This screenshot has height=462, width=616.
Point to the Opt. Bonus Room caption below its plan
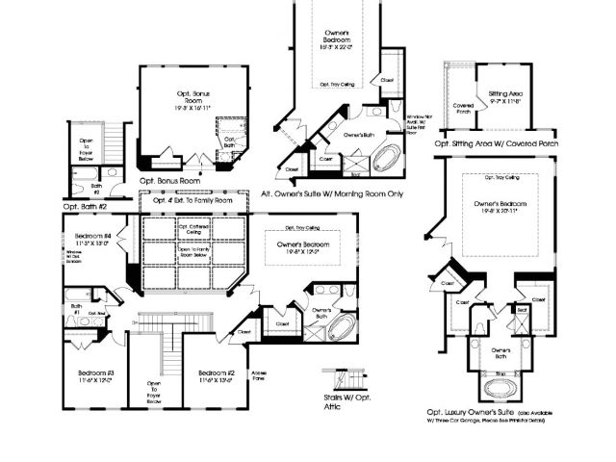(169, 180)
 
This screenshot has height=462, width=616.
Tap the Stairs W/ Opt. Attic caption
(347, 400)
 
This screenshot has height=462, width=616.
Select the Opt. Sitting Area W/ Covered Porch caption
(497, 143)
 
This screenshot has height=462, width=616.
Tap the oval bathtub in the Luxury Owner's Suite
(500, 389)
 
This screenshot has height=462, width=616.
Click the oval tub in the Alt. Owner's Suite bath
(387, 159)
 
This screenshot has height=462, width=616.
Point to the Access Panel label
(259, 376)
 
